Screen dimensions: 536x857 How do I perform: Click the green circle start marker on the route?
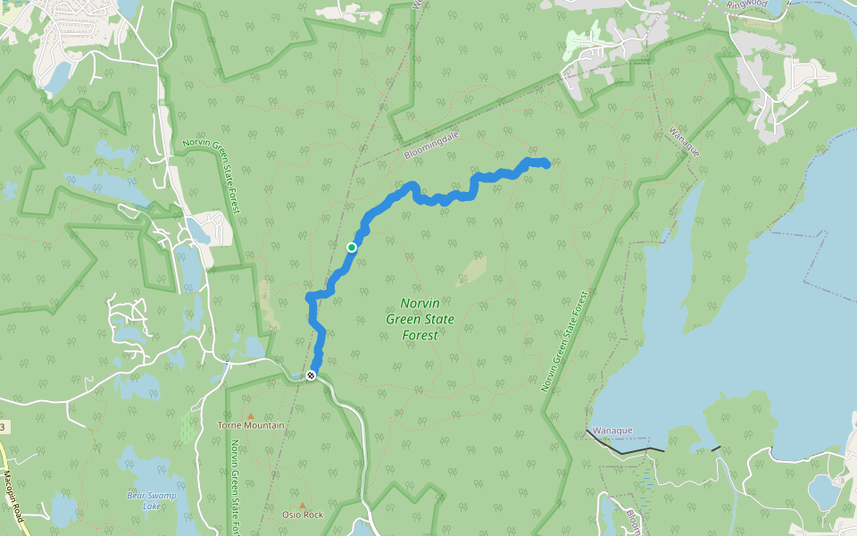352,247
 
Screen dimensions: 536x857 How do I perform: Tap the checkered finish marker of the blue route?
311,375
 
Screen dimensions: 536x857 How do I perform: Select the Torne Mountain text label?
251,425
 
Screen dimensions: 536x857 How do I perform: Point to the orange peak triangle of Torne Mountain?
251,415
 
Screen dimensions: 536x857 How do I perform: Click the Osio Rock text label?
303,515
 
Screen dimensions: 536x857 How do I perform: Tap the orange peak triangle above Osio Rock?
302,505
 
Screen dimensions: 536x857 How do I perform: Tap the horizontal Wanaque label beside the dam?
612,431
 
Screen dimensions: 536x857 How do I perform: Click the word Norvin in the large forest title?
420,303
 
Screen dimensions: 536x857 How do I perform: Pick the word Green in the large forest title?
403,319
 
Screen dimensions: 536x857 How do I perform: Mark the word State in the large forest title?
438,319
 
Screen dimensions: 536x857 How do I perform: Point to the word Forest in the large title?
420,335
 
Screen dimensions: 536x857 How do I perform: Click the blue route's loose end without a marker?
545,164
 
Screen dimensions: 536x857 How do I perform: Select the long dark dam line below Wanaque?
625,443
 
